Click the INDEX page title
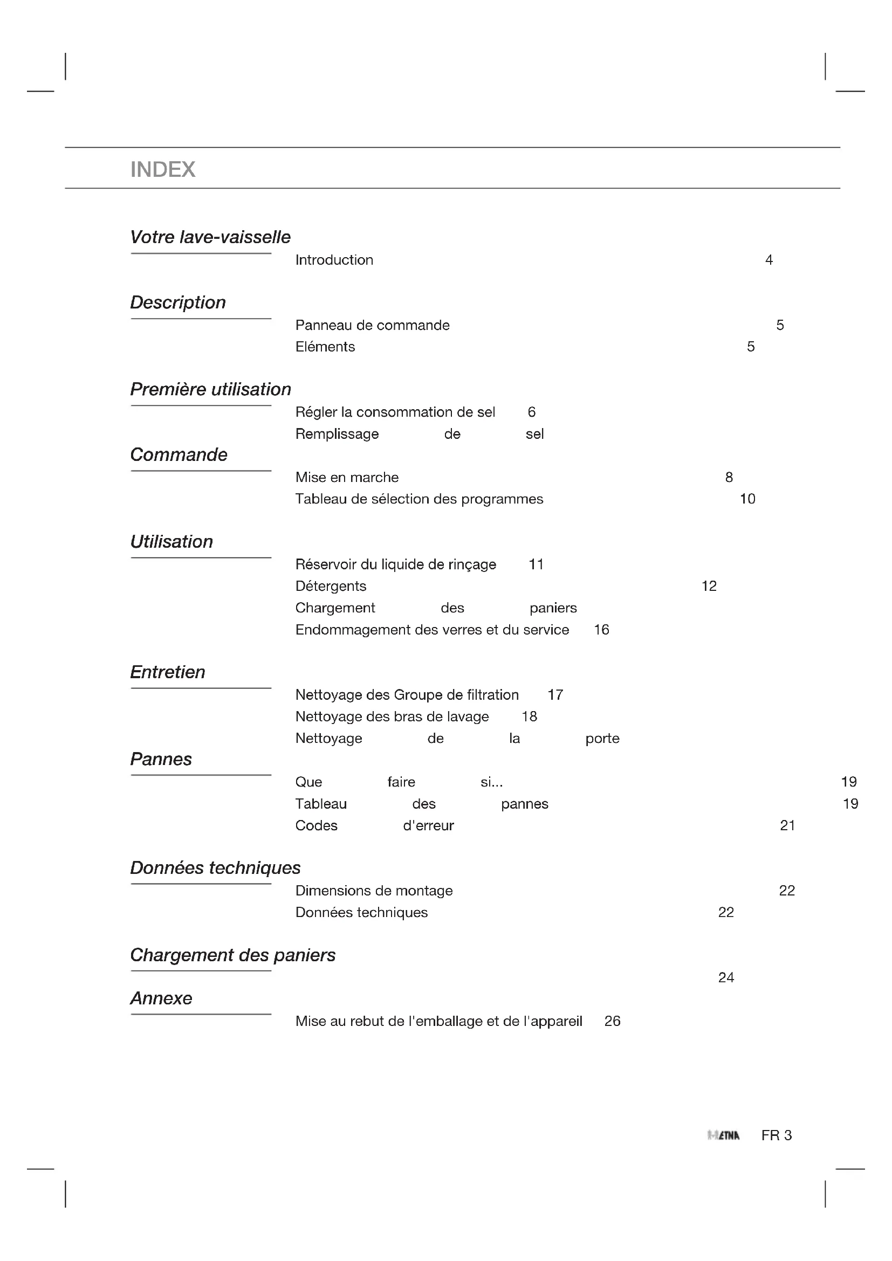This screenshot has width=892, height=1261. point(162,169)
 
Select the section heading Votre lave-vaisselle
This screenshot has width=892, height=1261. point(210,237)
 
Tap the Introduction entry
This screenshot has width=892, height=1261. point(334,260)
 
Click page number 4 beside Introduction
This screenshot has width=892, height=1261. point(769,260)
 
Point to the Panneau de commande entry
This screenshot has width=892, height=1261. point(373,325)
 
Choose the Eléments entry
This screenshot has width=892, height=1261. point(325,347)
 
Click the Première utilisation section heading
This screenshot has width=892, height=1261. point(210,389)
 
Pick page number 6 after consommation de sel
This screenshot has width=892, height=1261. point(531,412)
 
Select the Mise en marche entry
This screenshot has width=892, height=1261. point(347,477)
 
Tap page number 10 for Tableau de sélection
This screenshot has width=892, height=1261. point(747,499)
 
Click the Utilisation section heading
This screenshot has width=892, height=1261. point(171,541)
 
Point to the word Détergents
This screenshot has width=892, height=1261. point(331,586)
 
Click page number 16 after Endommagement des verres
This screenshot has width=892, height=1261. point(601,629)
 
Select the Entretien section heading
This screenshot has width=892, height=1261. point(168,672)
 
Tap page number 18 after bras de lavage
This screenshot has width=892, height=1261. point(529,716)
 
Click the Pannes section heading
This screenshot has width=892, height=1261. point(161,759)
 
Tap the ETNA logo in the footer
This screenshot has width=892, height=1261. point(724,1135)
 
